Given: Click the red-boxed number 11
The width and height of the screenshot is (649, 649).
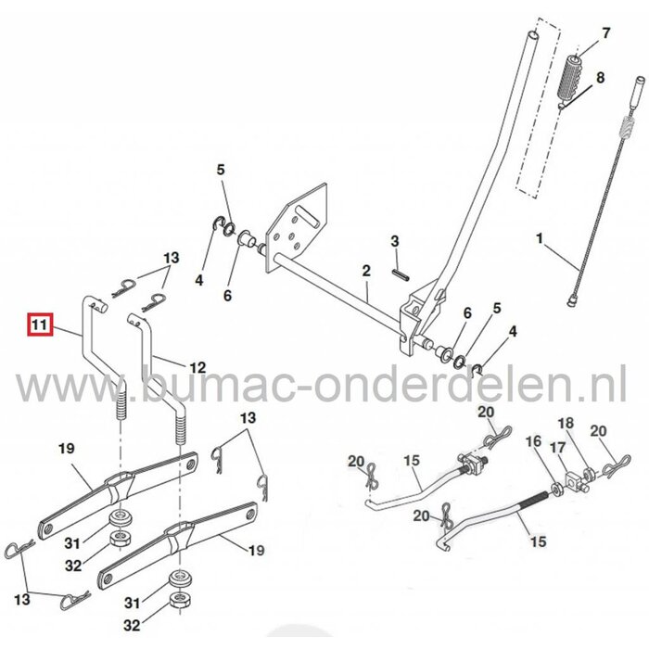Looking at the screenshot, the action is click(39, 326).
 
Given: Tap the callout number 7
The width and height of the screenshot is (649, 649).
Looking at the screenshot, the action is click(606, 33).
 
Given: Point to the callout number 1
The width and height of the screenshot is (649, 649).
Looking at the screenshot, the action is click(540, 239).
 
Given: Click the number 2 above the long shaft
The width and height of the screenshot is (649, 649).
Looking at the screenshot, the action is click(366, 271).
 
